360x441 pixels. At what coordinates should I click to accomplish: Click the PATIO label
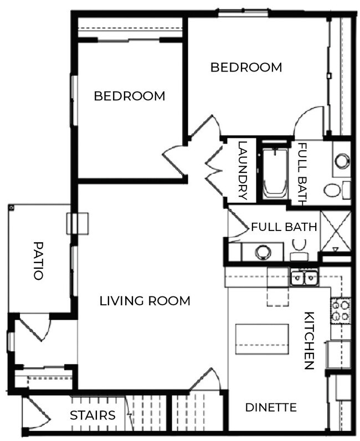(x=38, y=260)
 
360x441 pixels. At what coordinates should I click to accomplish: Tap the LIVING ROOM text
(x=145, y=301)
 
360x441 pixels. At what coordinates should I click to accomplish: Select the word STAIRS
(x=92, y=415)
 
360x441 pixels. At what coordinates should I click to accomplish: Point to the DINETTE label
(x=271, y=407)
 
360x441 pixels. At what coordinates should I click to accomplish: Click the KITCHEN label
(x=309, y=340)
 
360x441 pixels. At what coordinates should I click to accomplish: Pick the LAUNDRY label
(x=242, y=170)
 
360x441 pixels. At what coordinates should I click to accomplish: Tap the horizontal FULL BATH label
(x=284, y=227)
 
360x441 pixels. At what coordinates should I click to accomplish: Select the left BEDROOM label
(x=129, y=96)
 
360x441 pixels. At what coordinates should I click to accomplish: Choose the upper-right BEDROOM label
(x=246, y=68)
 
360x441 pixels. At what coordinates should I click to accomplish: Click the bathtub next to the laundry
(x=275, y=173)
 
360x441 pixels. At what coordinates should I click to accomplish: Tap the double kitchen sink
(x=304, y=276)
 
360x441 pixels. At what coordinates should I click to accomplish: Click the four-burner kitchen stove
(x=340, y=311)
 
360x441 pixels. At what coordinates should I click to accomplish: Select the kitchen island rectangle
(x=263, y=339)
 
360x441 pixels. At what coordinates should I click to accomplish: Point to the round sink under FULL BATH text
(x=263, y=252)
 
